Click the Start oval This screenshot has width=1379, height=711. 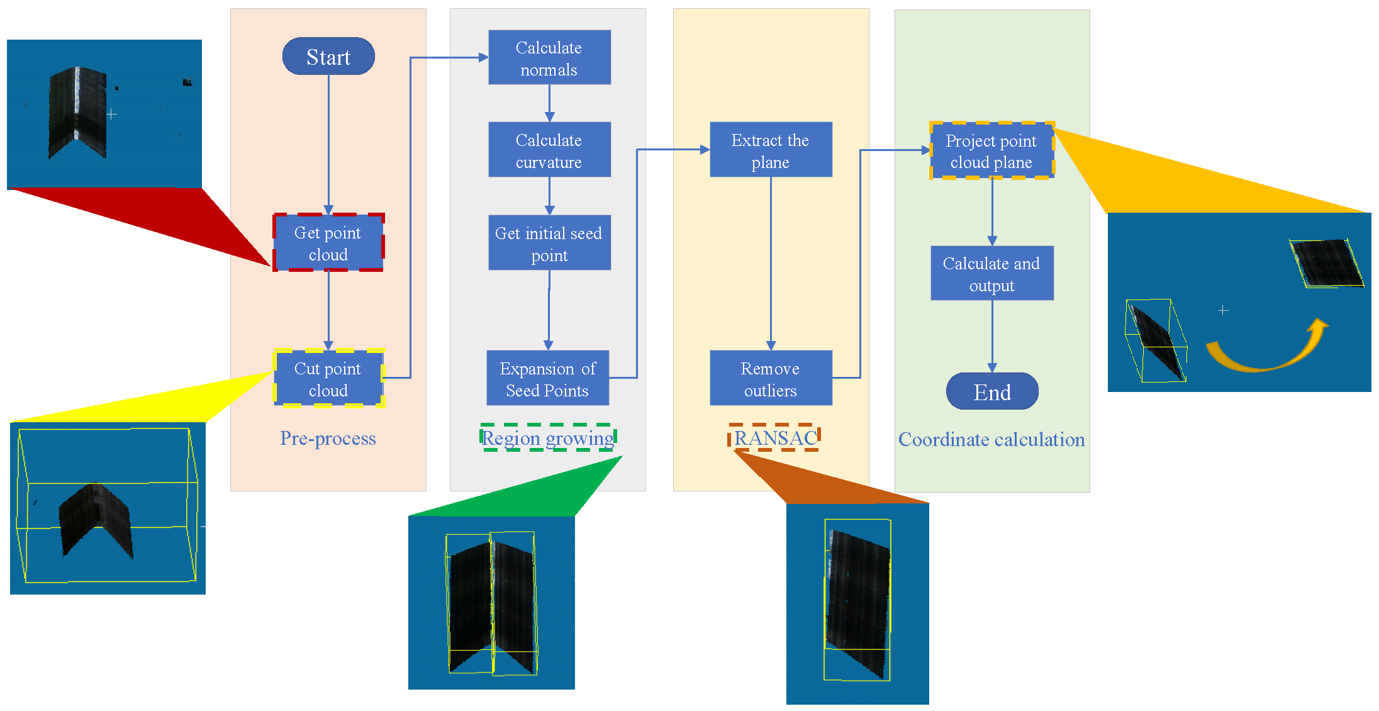[x=328, y=57]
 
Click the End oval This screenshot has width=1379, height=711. [x=992, y=391]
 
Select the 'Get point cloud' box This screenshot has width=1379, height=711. [x=328, y=243]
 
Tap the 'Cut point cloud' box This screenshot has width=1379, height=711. [x=328, y=379]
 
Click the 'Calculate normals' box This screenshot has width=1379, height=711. [x=549, y=58]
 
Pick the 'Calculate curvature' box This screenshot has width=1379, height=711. [x=549, y=150]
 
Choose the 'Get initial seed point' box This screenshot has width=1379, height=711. [x=549, y=244]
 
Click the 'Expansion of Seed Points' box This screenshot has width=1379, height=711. [x=547, y=379]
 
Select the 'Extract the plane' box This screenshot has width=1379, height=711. [x=771, y=150]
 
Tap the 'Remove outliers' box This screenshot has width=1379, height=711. [x=771, y=379]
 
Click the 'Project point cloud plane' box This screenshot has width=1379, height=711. [x=991, y=151]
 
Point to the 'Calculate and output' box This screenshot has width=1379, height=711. [x=991, y=274]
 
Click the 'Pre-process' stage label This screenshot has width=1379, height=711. [x=328, y=439]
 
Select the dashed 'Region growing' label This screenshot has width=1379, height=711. [x=548, y=438]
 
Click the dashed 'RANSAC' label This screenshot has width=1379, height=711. [x=775, y=438]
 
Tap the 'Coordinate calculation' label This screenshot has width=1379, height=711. [x=991, y=439]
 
